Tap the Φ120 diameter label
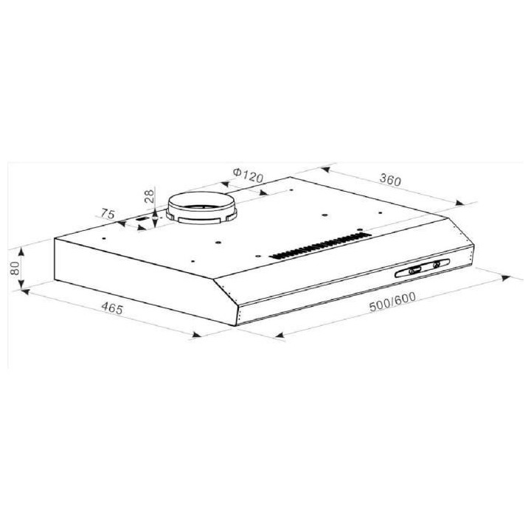[x=247, y=176]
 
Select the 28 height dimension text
[x=148, y=196]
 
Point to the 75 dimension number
[x=108, y=215]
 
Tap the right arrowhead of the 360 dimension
[x=461, y=202]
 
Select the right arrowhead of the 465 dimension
[x=198, y=337]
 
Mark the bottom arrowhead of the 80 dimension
[x=23, y=288]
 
